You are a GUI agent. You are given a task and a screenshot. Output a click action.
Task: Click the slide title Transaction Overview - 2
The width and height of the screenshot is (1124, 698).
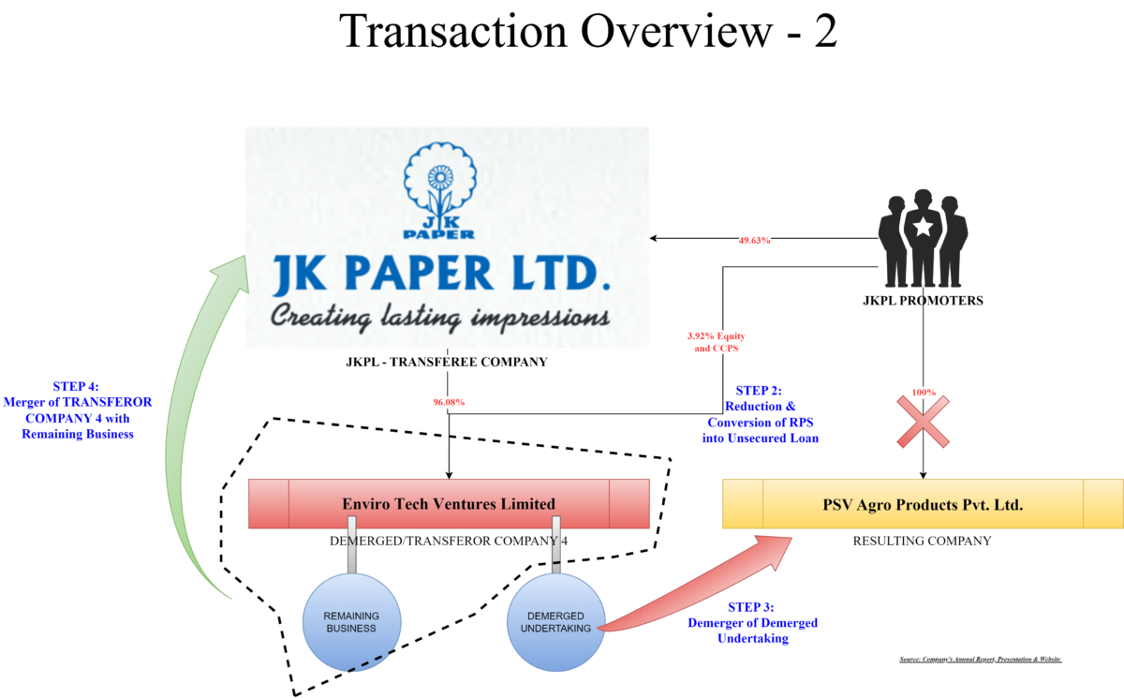pyautogui.click(x=588, y=32)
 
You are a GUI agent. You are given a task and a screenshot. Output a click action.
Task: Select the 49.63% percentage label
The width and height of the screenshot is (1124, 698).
pyautogui.click(x=754, y=240)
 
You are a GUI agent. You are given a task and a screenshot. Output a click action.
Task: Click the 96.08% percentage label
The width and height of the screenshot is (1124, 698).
pyautogui.click(x=449, y=402)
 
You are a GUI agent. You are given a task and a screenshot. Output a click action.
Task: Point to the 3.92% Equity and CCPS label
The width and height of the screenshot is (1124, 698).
pyautogui.click(x=716, y=342)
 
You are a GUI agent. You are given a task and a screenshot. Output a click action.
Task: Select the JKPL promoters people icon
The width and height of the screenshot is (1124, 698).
pyautogui.click(x=923, y=239)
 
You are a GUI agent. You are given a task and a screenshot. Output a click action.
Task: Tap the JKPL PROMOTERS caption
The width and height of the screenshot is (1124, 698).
pyautogui.click(x=923, y=302)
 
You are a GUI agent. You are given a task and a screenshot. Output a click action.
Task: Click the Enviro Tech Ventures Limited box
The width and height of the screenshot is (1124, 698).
pyautogui.click(x=449, y=504)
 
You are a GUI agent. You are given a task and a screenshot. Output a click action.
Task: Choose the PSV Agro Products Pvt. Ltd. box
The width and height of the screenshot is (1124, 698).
pyautogui.click(x=923, y=505)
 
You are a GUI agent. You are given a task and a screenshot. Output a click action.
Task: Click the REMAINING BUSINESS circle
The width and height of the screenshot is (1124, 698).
pyautogui.click(x=351, y=622)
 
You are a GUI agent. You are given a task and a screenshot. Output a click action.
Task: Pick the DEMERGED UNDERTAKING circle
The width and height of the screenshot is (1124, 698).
pyautogui.click(x=555, y=622)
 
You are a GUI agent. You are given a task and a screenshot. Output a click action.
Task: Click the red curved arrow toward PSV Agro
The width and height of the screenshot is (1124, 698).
pyautogui.click(x=693, y=586)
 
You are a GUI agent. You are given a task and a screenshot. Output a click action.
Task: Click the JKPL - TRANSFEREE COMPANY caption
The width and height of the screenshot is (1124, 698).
pyautogui.click(x=447, y=362)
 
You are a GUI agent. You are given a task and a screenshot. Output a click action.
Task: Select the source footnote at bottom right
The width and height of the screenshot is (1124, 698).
pyautogui.click(x=980, y=660)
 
